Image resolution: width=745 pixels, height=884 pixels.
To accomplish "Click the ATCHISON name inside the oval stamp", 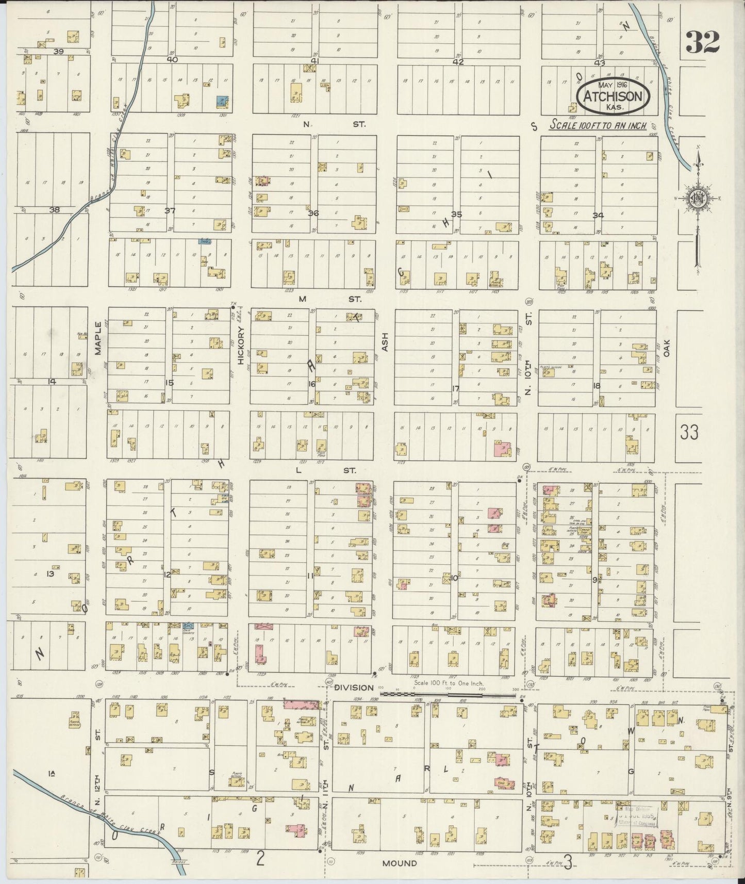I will point(612,96).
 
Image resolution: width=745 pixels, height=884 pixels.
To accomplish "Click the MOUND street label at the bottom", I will point(400,863).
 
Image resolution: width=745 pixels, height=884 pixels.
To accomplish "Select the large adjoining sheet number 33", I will point(689,432).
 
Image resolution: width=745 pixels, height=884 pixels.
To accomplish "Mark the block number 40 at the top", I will point(172,59).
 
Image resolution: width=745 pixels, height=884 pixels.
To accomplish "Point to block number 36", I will point(312,213).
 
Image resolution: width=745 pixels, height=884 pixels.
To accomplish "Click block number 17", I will point(455,388).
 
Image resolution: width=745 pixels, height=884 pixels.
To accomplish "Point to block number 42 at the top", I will point(458,62).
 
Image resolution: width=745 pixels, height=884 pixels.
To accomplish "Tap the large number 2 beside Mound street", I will point(261,859).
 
